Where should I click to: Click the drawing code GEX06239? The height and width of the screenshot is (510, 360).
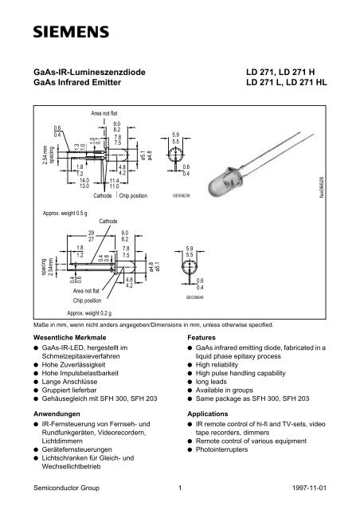pos(183,194)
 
